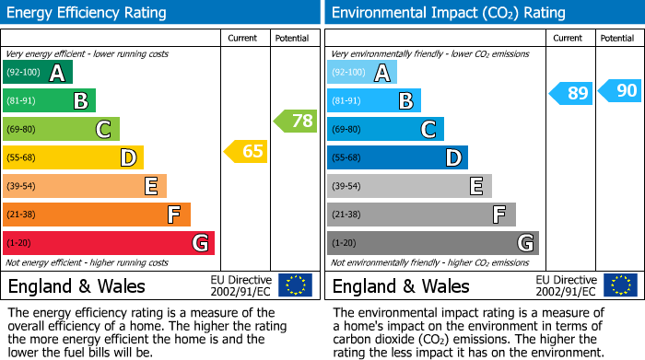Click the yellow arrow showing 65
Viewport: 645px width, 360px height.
[246, 151]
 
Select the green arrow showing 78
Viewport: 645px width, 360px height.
[295, 121]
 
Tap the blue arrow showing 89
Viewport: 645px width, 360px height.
[570, 93]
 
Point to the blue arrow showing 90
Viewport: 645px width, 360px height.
[619, 90]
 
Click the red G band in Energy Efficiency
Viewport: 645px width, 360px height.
[109, 243]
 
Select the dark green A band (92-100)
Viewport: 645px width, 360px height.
[38, 72]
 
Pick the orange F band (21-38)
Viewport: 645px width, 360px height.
[97, 215]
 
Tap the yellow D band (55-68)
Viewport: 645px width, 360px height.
[73, 157]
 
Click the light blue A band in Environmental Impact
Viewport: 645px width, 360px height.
[362, 72]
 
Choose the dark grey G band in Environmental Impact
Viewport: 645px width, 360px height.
[433, 243]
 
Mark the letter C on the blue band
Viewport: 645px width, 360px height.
[428, 129]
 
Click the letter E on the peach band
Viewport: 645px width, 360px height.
[151, 186]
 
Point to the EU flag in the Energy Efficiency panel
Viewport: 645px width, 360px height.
[296, 285]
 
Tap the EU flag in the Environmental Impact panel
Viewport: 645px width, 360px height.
[620, 285]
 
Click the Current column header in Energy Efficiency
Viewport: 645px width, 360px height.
[242, 39]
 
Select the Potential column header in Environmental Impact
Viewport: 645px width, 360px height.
[617, 39]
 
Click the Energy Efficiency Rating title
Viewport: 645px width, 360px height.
[87, 13]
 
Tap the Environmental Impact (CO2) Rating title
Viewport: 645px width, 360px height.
[449, 13]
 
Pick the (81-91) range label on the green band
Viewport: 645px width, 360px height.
[21, 100]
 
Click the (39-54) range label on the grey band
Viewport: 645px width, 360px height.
[346, 186]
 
